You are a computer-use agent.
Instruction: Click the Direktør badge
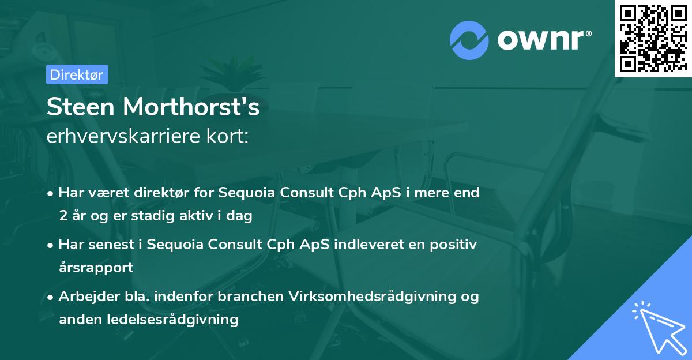77,74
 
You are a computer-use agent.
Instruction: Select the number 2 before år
63,216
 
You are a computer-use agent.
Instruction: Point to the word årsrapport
96,268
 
